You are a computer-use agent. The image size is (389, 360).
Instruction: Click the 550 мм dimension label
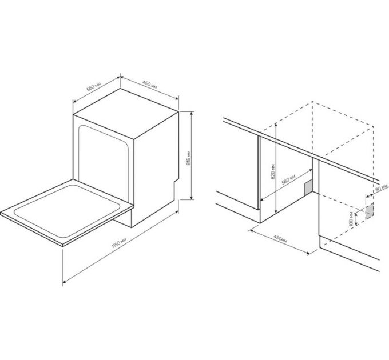94,87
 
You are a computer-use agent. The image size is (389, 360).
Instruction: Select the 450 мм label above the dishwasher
150,85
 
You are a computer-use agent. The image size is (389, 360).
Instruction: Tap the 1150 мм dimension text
119,243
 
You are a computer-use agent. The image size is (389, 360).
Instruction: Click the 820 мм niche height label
273,171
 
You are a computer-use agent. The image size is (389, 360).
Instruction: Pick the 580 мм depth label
288,180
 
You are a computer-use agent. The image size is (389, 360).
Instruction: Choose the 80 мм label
382,189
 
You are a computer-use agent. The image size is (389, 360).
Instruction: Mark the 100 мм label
351,219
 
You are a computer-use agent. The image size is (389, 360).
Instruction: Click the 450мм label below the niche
280,238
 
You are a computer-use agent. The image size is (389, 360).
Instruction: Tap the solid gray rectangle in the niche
308,188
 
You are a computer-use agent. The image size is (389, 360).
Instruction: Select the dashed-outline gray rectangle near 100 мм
370,211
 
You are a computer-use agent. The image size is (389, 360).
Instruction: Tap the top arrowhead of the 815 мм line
191,113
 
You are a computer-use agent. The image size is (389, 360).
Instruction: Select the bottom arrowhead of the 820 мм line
276,211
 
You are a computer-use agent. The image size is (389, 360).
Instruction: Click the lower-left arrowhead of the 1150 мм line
65,281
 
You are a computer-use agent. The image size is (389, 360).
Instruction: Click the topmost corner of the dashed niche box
312,102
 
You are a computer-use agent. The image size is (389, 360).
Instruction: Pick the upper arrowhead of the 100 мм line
356,215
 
